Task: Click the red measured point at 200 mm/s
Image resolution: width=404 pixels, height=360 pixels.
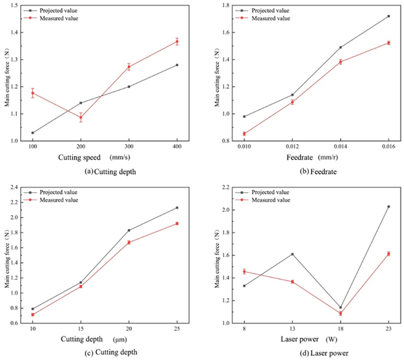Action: click(x=81, y=117)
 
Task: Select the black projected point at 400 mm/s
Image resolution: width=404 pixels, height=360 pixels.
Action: click(x=177, y=65)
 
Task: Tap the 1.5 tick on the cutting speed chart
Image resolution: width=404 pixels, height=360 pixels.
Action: click(x=18, y=5)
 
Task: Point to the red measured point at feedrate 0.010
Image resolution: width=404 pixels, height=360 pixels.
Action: click(x=244, y=133)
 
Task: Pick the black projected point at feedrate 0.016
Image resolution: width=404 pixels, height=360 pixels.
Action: click(x=389, y=16)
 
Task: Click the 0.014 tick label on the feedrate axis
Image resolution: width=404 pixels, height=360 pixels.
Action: click(x=340, y=147)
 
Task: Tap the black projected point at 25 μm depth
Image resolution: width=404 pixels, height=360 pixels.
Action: click(x=177, y=208)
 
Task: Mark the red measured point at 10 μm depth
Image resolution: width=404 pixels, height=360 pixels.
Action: click(x=32, y=314)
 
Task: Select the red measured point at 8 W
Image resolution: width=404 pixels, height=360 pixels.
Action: click(x=244, y=272)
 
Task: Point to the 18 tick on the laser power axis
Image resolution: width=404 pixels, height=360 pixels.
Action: click(x=340, y=329)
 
